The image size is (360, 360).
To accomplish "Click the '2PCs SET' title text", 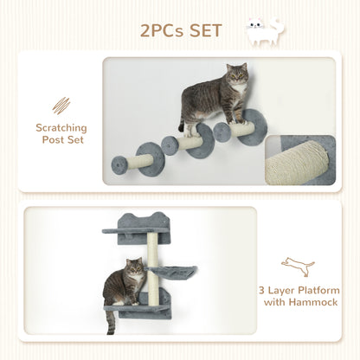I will click(x=181, y=32).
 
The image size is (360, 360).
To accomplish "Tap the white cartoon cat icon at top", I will click(x=266, y=29).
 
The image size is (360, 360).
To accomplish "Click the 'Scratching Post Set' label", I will click(x=61, y=133).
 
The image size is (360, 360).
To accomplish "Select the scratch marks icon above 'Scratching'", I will click(x=61, y=106).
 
